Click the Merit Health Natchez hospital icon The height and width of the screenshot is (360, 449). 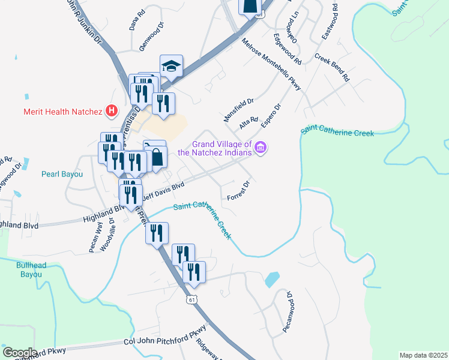tap(111, 110)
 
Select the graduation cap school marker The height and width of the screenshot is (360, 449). tap(171, 66)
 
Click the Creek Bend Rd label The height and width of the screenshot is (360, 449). tap(332, 69)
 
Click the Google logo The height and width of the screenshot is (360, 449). tap(20, 353)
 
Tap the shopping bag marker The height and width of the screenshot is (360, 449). tap(156, 157)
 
